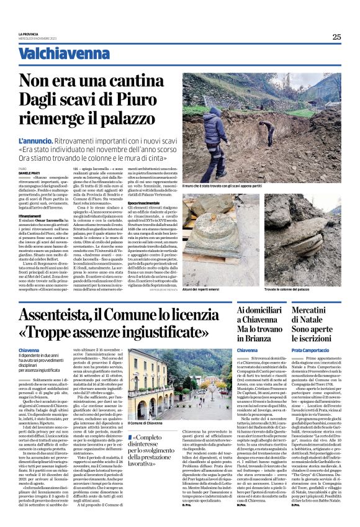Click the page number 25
point(336,37)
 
